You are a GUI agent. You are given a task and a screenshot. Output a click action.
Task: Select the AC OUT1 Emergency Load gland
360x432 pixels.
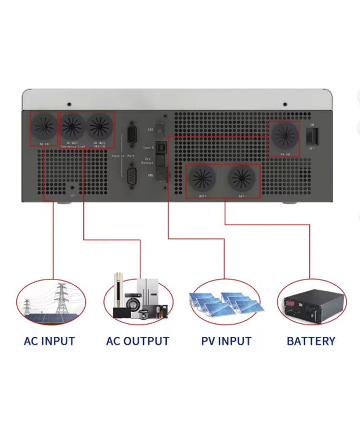73,126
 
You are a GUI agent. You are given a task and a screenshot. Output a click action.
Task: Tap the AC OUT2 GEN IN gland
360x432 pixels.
100,126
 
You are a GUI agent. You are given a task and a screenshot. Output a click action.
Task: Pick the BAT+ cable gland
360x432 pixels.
202,179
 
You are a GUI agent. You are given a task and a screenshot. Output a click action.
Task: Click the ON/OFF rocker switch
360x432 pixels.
312,135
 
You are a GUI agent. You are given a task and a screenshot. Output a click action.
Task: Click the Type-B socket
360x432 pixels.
161,148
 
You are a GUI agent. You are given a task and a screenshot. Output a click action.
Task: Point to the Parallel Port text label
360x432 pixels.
123,156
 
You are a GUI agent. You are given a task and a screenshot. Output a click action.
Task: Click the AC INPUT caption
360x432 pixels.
49,341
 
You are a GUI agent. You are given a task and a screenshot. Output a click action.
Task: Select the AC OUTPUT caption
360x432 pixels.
137,341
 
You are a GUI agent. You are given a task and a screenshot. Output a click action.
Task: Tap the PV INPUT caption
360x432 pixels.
226,341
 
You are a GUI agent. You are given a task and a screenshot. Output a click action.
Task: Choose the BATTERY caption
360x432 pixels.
311,341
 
